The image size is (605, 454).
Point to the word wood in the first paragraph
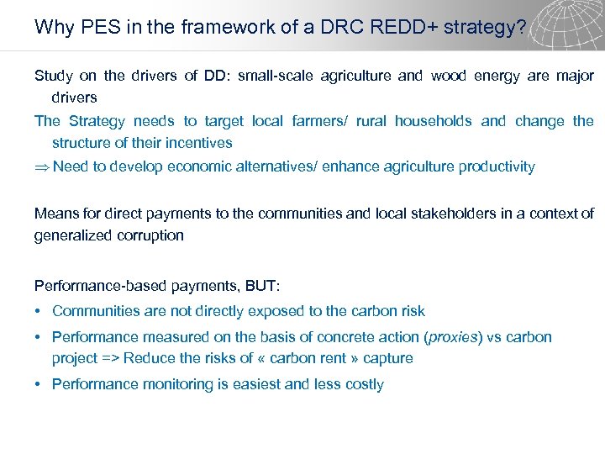pyautogui.click(x=447, y=77)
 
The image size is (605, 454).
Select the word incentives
pyautogui.click(x=199, y=144)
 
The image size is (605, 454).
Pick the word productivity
pyautogui.click(x=497, y=166)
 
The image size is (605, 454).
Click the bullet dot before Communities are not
pyautogui.click(x=39, y=311)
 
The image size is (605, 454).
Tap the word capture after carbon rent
pyautogui.click(x=389, y=359)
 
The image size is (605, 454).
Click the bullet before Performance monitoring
pyautogui.click(x=39, y=385)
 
